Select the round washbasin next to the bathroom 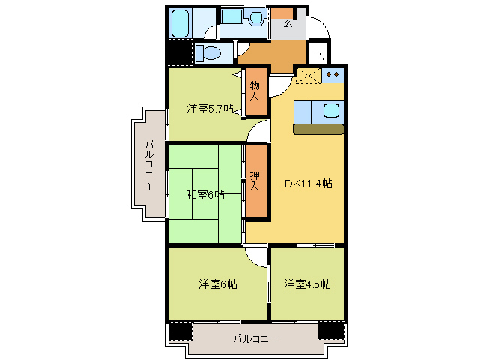click(x=256, y=16)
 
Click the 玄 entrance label click(x=288, y=23)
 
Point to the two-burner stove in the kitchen click(x=333, y=73)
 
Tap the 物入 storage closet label click(x=255, y=91)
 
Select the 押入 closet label click(x=255, y=180)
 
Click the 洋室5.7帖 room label click(x=210, y=109)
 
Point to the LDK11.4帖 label click(x=306, y=184)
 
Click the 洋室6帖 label click(x=218, y=284)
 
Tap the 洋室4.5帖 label click(x=307, y=284)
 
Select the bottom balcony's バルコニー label click(x=255, y=339)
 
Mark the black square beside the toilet click(x=178, y=53)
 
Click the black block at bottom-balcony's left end click(x=180, y=331)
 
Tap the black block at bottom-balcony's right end click(x=330, y=331)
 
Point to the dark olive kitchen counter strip click(x=318, y=129)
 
